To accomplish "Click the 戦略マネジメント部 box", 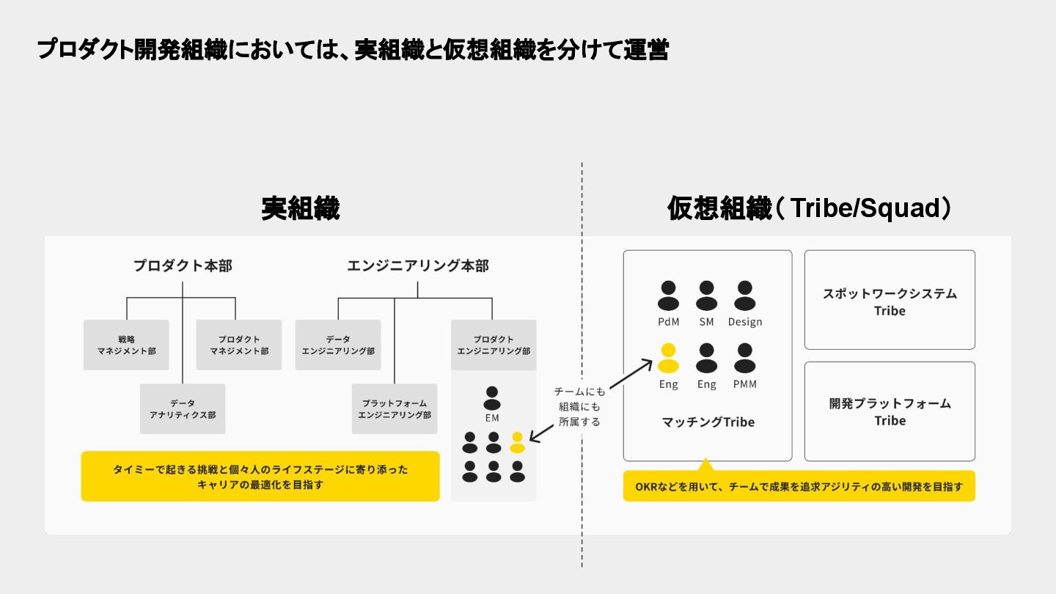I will pos(126,345).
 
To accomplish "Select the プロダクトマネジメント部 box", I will pos(239,345).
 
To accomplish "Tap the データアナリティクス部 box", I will pos(183,408).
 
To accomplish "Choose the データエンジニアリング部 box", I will pos(338,345).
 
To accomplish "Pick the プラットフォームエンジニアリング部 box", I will pos(395,408).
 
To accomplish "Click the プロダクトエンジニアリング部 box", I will pos(494,345).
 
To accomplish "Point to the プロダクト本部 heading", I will pos(183,265).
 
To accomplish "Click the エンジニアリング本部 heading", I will pos(417,265).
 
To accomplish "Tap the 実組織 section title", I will pos(301,209).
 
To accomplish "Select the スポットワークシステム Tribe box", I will pos(890,300).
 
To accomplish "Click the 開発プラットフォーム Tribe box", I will pos(890,411).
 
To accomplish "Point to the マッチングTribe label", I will pos(708,422).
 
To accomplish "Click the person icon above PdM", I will pos(668,296).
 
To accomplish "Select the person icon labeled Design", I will pos(744,296).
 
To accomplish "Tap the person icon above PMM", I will pos(744,358).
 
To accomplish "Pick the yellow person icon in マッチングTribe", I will pos(668,358).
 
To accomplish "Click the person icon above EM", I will pos(492,398).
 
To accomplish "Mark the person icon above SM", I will pos(706,296).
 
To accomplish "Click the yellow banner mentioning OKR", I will pos(799,486).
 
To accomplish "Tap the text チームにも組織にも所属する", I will pos(579,406).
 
